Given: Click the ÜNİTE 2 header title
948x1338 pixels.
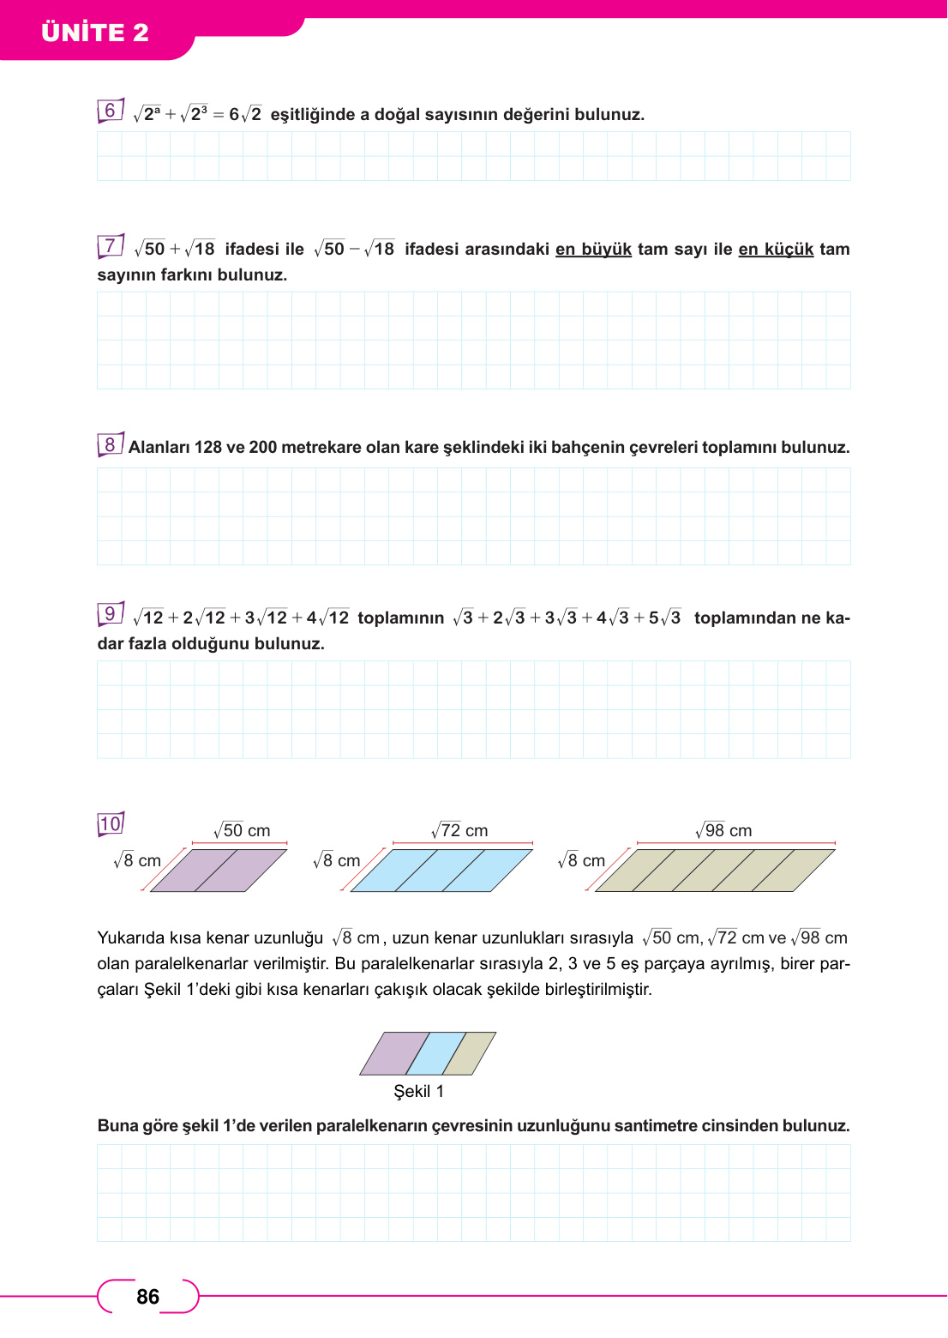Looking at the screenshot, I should [x=95, y=33].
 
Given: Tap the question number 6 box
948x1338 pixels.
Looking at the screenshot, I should [x=110, y=111].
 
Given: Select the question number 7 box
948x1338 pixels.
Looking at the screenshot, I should [x=110, y=246].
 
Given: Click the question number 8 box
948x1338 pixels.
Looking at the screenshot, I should [x=110, y=444].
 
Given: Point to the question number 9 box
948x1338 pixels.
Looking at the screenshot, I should [x=110, y=614].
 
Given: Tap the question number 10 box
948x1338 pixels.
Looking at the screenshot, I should [x=111, y=824].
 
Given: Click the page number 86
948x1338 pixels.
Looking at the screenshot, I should [x=147, y=1297].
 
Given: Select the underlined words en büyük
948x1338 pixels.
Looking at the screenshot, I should [x=593, y=250].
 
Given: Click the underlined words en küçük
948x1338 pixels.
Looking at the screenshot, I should [x=776, y=250].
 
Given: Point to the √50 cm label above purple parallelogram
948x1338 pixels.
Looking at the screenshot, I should [x=242, y=830].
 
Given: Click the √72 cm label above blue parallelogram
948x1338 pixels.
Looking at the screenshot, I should [x=459, y=830].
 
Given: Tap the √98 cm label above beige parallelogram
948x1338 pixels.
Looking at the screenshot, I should [x=723, y=830].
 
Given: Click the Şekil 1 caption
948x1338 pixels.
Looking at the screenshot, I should [x=418, y=1091].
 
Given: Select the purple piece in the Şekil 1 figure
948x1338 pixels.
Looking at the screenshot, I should [x=394, y=1054].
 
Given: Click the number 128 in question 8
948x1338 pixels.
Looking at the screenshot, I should [x=208, y=448].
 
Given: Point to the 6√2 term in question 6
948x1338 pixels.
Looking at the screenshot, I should [x=245, y=114].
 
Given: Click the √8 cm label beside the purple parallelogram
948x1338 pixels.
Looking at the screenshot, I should [x=137, y=860].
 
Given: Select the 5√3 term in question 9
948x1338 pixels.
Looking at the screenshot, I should [x=665, y=618].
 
